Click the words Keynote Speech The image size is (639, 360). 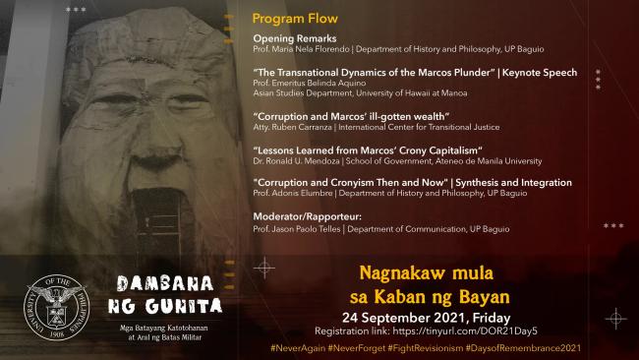tap(540, 72)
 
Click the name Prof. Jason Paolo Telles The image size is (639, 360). tap(304, 227)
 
